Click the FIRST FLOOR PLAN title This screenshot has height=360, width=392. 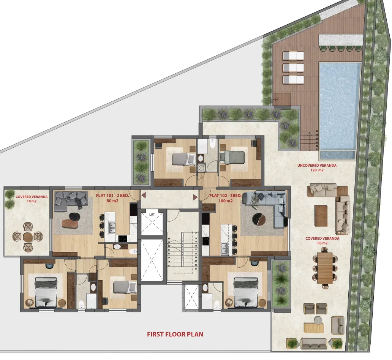point(175,335)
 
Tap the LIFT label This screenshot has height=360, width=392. point(152,215)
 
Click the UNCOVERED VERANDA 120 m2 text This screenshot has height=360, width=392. point(316,168)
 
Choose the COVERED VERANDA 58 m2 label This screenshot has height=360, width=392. point(322,241)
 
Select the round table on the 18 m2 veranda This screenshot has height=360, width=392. point(28,237)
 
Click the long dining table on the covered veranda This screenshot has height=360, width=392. point(325,268)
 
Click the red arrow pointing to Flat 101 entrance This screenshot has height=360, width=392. point(144,196)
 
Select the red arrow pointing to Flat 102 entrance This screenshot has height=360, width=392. point(195,197)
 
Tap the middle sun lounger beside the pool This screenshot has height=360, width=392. point(293,68)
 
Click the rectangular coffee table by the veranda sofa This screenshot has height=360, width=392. point(321,215)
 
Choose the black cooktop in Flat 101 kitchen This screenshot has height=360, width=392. point(123,238)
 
